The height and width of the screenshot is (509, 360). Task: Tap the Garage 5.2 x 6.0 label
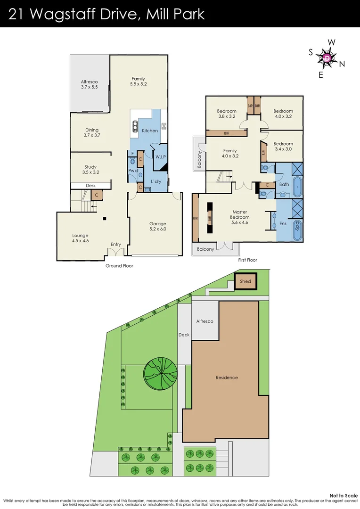pyautogui.click(x=158, y=227)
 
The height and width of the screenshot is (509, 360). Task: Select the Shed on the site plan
pyautogui.click(x=245, y=281)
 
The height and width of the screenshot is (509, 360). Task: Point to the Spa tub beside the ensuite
pyautogui.click(x=297, y=230)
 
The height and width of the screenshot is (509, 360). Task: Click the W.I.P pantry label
pyautogui.click(x=161, y=157)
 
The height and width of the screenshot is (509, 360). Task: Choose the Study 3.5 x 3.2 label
pyautogui.click(x=90, y=170)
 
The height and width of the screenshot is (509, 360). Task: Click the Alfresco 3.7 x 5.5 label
pyautogui.click(x=89, y=84)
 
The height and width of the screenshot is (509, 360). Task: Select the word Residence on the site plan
pyautogui.click(x=227, y=378)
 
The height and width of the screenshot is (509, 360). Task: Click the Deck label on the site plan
pyautogui.click(x=184, y=335)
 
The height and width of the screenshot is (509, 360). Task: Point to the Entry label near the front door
pyautogui.click(x=116, y=244)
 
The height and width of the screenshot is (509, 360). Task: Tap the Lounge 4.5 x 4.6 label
pyautogui.click(x=80, y=238)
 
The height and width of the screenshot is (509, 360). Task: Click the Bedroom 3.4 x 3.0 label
pyautogui.click(x=283, y=147)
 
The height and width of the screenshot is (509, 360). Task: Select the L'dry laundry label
pyautogui.click(x=156, y=181)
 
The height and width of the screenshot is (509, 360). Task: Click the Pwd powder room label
pyautogui.click(x=132, y=171)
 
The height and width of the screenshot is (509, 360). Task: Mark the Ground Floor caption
pyautogui.click(x=119, y=266)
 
